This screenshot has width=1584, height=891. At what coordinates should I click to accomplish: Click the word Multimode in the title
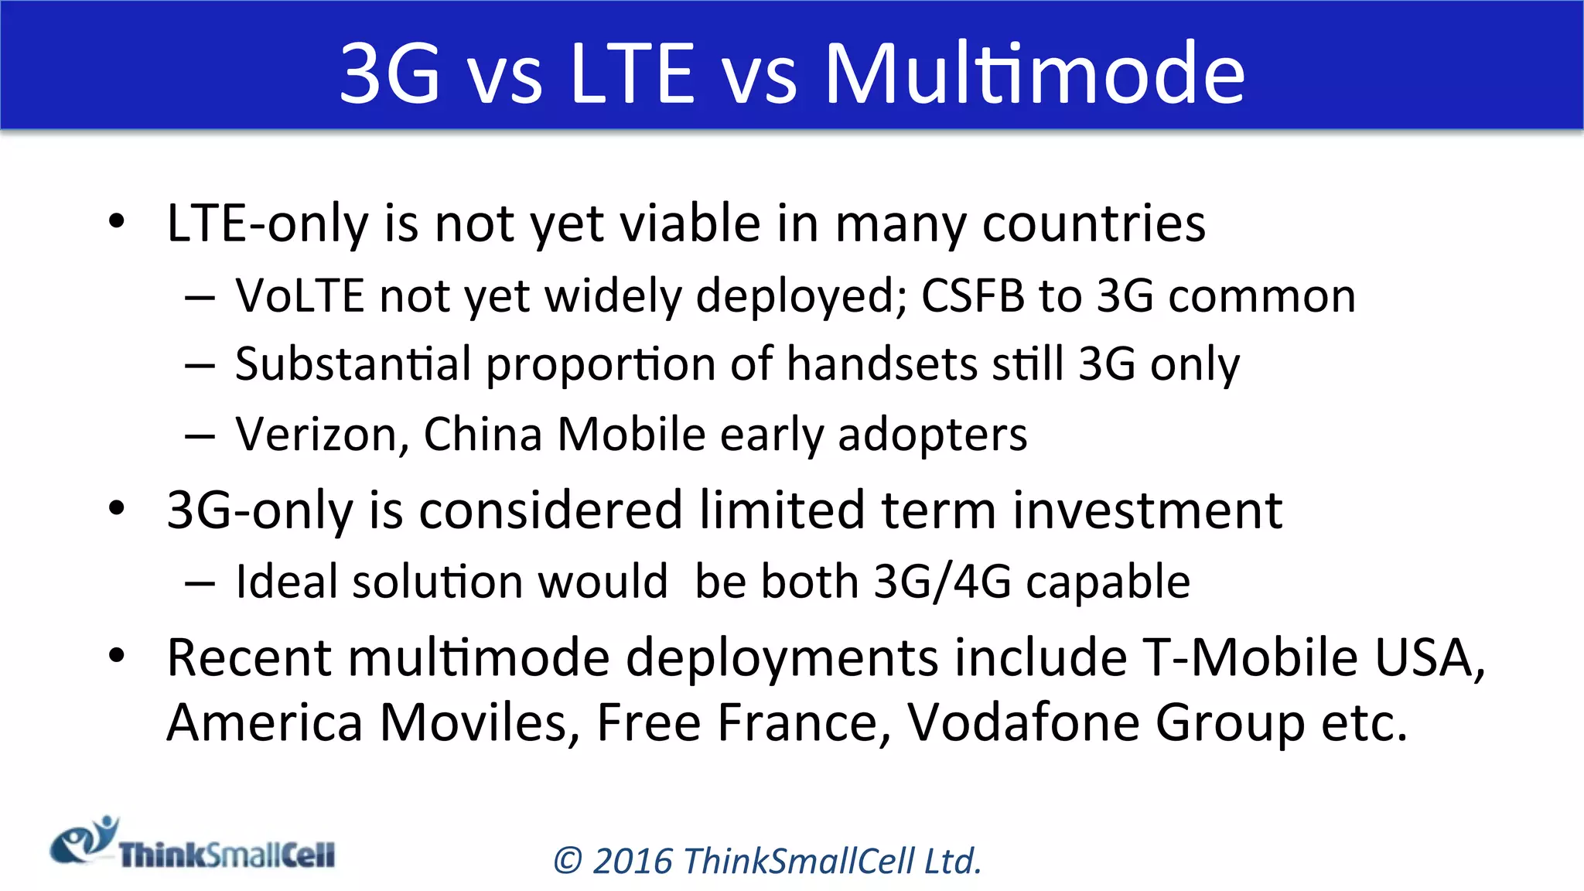point(1035,73)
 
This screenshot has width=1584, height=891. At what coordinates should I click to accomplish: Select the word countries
point(1094,224)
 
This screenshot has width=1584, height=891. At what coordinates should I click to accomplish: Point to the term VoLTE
point(300,295)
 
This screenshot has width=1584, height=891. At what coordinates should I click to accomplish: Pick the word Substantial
point(353,364)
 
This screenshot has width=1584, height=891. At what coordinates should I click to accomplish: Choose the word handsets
point(882,364)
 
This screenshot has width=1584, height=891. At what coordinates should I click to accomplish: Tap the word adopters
point(933,435)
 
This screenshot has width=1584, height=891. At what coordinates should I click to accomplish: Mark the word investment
point(1148,510)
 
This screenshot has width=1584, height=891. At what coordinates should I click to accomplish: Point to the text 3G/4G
point(942,582)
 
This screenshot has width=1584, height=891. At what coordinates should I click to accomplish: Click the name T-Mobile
point(1250,657)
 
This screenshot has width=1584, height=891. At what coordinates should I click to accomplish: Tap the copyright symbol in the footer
point(568,862)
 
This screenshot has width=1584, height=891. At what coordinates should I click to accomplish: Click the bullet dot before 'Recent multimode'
point(117,657)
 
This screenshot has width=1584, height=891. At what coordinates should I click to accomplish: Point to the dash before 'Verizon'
point(200,435)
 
